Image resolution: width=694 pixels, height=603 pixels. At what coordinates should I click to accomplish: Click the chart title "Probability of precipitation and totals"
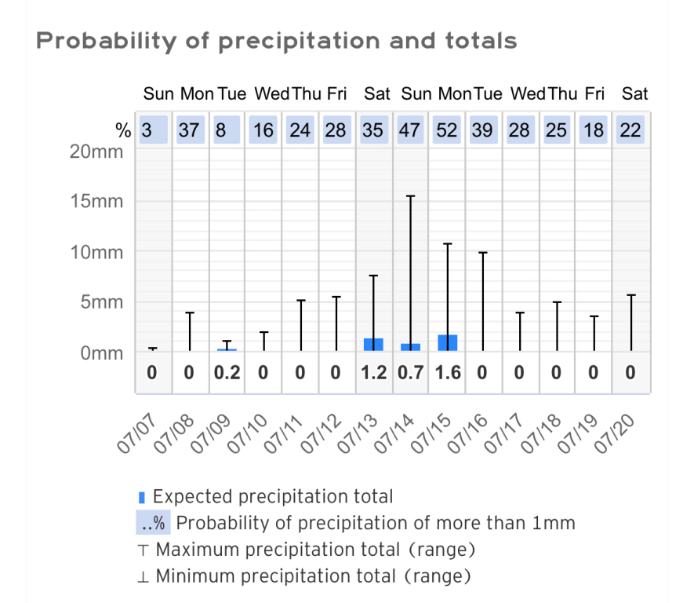coord(277,40)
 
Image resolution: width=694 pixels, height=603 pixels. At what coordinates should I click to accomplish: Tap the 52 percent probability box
coord(447,130)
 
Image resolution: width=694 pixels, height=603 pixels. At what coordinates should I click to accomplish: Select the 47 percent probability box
coord(410,130)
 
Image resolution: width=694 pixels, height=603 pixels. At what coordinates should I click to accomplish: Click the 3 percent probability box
coord(147,130)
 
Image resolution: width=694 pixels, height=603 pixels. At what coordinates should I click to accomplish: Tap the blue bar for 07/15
coord(448,342)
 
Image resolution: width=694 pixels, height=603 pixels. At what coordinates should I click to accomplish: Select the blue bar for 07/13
coord(373,344)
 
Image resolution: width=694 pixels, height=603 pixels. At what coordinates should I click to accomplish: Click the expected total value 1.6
coord(447,373)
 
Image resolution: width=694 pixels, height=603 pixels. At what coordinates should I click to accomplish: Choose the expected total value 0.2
coord(226,373)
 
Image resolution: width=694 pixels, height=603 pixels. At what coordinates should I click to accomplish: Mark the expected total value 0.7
coord(410,373)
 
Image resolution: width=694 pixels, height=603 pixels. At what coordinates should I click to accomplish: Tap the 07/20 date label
coord(616,433)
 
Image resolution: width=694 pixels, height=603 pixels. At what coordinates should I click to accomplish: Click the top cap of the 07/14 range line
coord(410,196)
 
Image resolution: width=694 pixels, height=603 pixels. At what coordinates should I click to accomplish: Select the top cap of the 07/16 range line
coord(484,253)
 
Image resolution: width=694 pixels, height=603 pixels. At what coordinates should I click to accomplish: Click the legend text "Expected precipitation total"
coord(273,496)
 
